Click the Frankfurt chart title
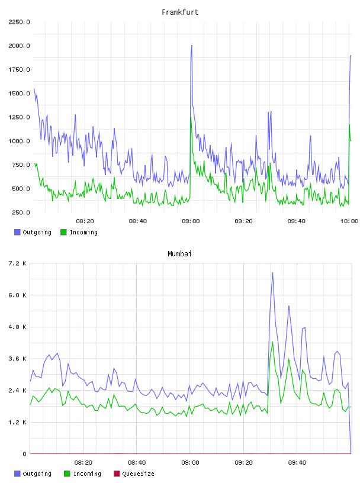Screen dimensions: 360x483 [x=180, y=12]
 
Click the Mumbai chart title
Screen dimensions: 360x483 [x=179, y=253]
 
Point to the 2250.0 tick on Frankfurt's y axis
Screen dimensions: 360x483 [x=19, y=22]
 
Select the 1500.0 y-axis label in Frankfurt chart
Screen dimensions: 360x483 [x=19, y=94]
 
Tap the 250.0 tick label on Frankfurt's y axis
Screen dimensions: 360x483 [x=21, y=212]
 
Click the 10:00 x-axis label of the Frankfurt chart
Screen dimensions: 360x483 [x=349, y=221]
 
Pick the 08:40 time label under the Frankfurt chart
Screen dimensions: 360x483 [x=138, y=221]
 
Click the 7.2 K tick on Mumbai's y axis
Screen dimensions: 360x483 [x=18, y=263]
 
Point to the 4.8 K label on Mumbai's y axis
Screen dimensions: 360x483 [x=18, y=327]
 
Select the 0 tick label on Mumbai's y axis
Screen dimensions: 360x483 [x=24, y=454]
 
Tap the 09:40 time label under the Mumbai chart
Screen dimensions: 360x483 [x=297, y=463]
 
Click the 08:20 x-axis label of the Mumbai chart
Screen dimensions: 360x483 [x=83, y=463]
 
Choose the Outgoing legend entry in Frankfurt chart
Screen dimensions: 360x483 [x=33, y=232]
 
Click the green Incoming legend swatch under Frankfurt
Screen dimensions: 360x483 [x=63, y=232]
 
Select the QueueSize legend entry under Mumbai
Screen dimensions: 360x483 [x=134, y=474]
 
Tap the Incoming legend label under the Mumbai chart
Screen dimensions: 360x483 [x=87, y=474]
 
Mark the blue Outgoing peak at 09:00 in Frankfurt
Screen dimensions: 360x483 [x=192, y=45]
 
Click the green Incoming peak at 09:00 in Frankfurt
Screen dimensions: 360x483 [x=191, y=117]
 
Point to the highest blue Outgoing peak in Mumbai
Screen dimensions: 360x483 [x=272, y=273]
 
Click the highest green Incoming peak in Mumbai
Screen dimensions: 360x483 [x=272, y=342]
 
